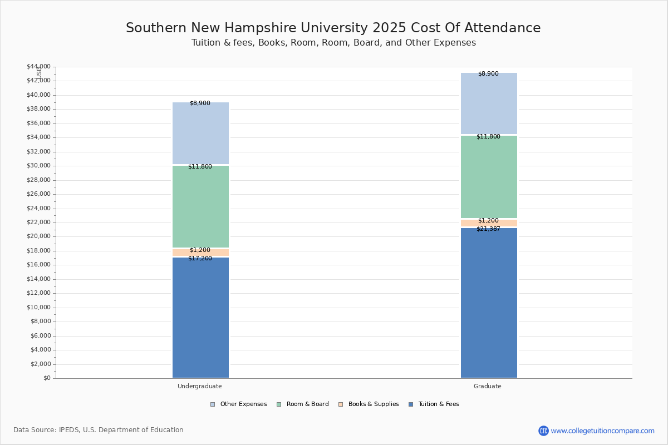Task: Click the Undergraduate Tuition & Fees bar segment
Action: (200, 317)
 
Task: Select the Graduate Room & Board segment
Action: (489, 177)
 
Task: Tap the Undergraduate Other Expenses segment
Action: (200, 133)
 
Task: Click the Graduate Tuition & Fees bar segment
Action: (489, 303)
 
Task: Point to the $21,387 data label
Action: (488, 229)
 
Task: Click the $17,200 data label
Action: (200, 259)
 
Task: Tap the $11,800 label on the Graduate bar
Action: (488, 137)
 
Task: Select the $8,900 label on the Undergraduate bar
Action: (200, 103)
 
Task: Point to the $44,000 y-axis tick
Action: (38, 67)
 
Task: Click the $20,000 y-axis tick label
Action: (38, 236)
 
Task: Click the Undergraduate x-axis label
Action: (200, 386)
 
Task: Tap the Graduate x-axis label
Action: (488, 386)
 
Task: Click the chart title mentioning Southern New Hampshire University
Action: (333, 28)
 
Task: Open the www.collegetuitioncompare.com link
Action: (602, 431)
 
